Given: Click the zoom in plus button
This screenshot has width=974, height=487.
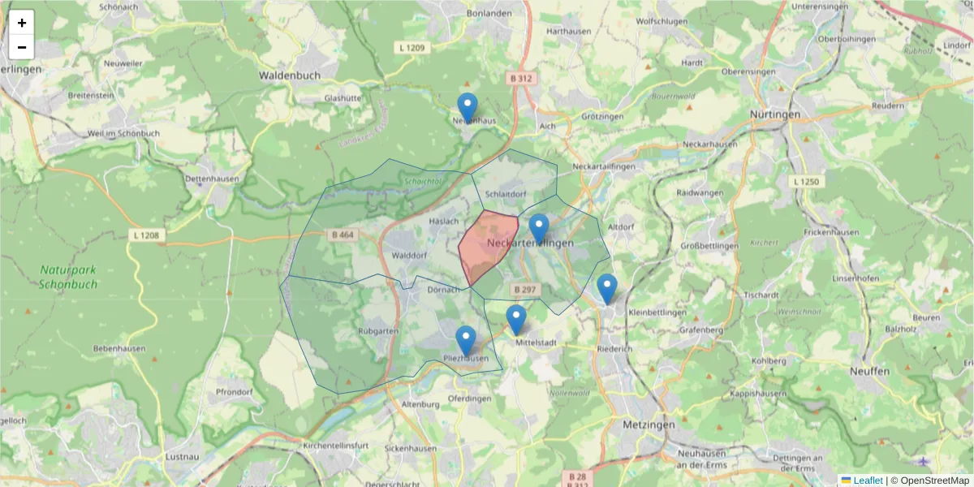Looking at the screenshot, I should click(x=22, y=23).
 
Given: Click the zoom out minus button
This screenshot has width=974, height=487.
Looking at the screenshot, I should click(x=22, y=47).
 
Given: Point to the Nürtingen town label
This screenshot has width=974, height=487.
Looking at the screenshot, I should click(x=775, y=114).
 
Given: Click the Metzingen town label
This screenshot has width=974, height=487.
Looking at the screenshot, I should click(x=649, y=425).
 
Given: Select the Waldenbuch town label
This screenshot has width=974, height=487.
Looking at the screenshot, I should click(x=290, y=75).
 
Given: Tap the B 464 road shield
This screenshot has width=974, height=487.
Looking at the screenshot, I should click(x=343, y=235).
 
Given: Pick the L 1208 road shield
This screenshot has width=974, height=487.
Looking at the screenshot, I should click(x=147, y=235).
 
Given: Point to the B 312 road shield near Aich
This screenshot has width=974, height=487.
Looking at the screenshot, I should click(x=521, y=79).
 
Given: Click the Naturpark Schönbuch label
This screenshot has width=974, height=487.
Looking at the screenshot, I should click(x=68, y=277).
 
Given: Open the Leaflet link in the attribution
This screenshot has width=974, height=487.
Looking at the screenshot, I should click(x=868, y=481).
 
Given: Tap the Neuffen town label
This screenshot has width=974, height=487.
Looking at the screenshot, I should click(x=869, y=371).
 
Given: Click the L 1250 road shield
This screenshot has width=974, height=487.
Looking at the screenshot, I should click(x=807, y=182).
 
